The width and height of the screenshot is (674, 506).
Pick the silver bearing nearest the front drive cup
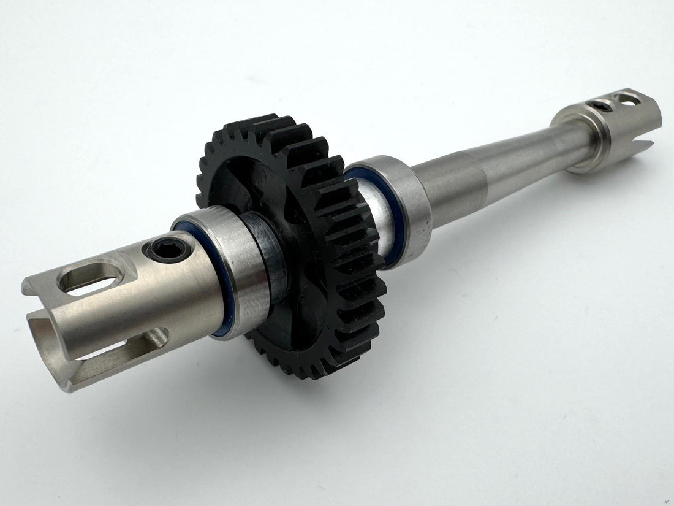[x=245, y=270]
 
